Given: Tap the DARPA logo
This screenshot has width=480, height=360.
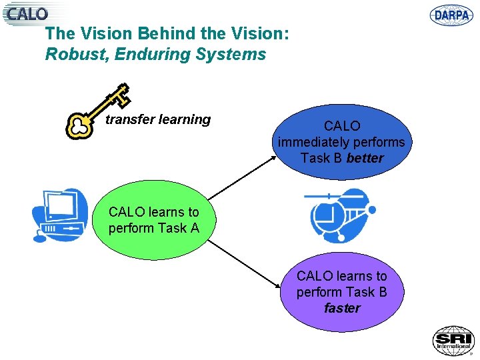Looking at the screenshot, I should click(x=451, y=15).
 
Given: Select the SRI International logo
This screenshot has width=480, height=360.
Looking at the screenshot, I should click(x=453, y=341).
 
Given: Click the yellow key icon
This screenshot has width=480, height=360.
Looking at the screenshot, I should click(x=97, y=111).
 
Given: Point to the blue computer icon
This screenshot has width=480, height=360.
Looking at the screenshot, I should click(x=61, y=215).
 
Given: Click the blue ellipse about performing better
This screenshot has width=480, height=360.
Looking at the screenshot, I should click(x=341, y=141).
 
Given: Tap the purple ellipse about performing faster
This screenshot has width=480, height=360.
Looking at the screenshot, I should click(x=341, y=292).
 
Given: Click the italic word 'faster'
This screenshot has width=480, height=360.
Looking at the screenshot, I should click(x=342, y=308).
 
